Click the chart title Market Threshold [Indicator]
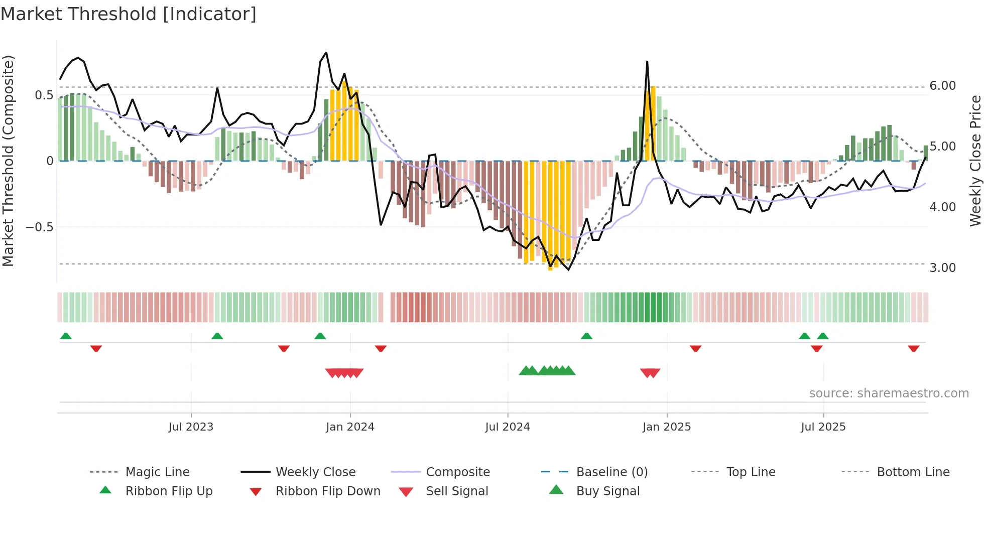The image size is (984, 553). [x=129, y=14]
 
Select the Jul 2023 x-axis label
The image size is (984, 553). [x=191, y=427]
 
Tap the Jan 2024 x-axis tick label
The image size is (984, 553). [x=350, y=427]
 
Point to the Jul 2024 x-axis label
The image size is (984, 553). [x=507, y=427]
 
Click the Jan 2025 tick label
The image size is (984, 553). [x=666, y=427]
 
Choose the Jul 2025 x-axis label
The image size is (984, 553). [x=823, y=427]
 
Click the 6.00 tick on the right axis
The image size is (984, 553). [x=942, y=86]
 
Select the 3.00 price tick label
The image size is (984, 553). [x=942, y=268]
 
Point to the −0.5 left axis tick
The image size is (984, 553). [x=39, y=227]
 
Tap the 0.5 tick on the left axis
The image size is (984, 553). [x=44, y=95]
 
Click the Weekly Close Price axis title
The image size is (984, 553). [x=975, y=161]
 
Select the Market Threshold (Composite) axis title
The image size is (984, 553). [x=9, y=161]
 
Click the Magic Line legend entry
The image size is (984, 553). [x=157, y=472]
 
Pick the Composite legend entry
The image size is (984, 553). [x=457, y=472]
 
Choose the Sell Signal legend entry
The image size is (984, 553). [x=456, y=491]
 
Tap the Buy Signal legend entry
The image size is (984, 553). [x=607, y=491]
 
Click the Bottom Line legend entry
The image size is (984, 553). [x=913, y=472]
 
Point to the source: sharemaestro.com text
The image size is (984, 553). [x=889, y=393]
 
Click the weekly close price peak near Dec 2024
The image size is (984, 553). [x=647, y=62]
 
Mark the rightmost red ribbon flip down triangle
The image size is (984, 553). [x=913, y=348]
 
